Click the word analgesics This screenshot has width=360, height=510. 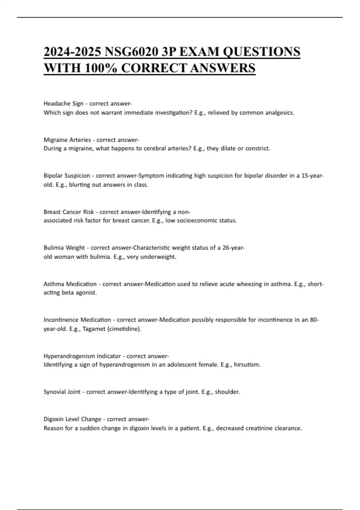(280, 113)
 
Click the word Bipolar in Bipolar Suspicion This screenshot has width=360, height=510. (53, 176)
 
